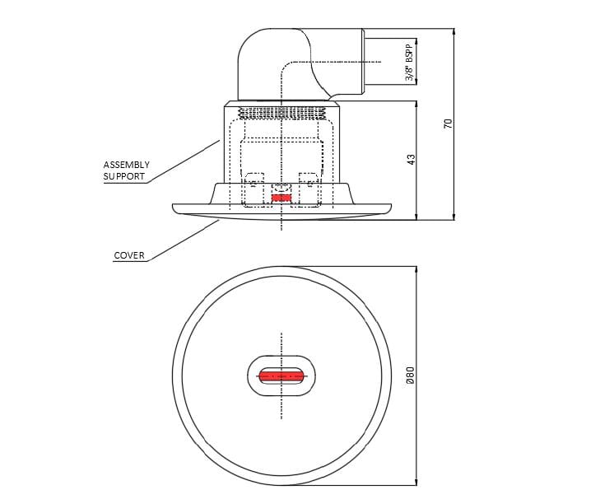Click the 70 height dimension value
[448, 124]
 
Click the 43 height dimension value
[411, 158]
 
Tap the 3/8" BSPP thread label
[409, 62]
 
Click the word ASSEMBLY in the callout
[126, 165]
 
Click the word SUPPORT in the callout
[124, 176]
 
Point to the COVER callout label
[129, 255]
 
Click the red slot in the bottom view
[281, 376]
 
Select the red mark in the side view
[281, 198]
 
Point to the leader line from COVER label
[185, 240]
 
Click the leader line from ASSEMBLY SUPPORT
[185, 161]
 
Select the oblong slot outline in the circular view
[252, 376]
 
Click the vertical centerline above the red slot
[281, 346]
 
